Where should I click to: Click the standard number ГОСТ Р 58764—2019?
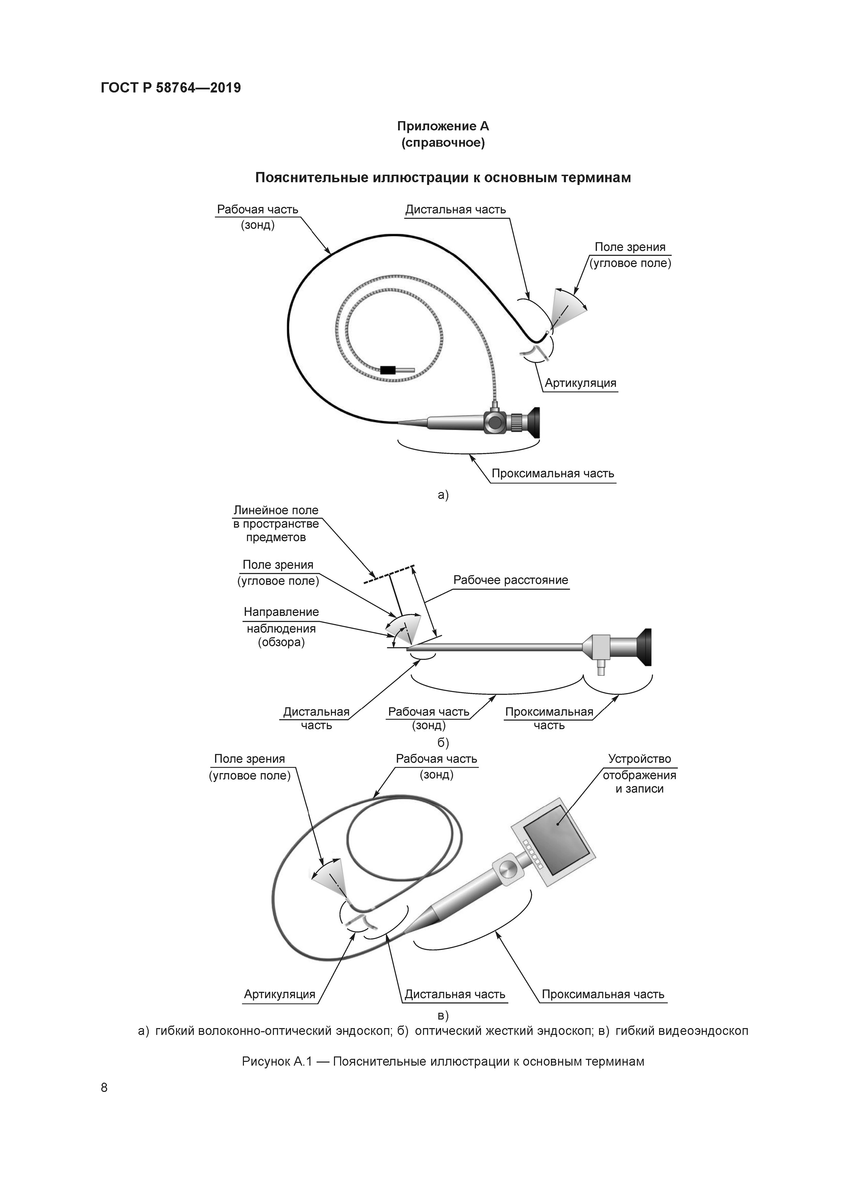click(171, 88)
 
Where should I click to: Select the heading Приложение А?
click(442, 126)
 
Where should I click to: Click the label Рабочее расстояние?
click(510, 580)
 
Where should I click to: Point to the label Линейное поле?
click(275, 510)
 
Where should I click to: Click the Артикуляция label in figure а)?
click(580, 383)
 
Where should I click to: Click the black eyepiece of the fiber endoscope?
click(533, 422)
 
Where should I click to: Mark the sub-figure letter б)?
click(442, 742)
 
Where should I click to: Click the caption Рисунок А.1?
click(442, 1062)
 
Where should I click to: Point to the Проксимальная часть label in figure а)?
click(553, 474)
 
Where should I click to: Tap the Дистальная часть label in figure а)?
click(456, 210)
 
